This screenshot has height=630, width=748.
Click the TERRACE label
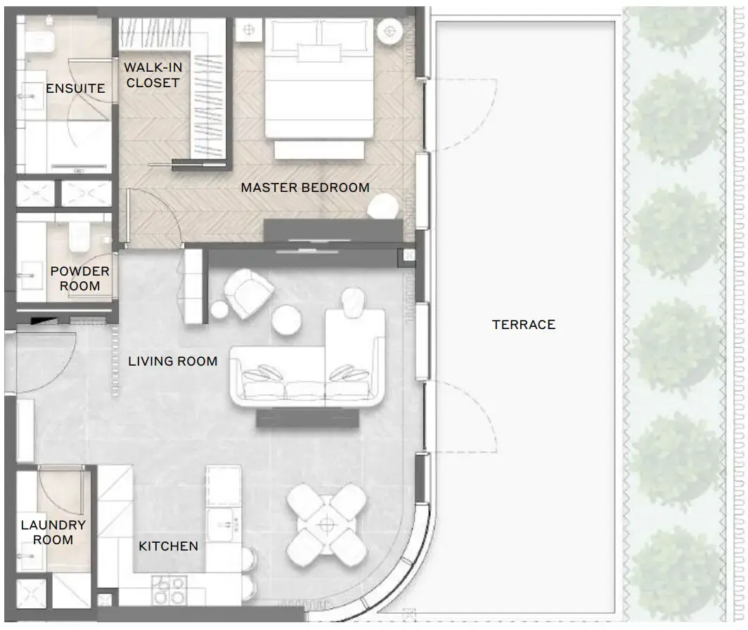pyautogui.click(x=523, y=325)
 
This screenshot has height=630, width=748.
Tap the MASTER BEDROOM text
pyautogui.click(x=305, y=188)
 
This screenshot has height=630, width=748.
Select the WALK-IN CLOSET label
pyautogui.click(x=153, y=75)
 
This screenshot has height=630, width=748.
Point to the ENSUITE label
pyautogui.click(x=75, y=89)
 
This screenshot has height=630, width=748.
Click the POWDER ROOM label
pyautogui.click(x=79, y=278)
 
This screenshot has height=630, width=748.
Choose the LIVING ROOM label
pyautogui.click(x=173, y=361)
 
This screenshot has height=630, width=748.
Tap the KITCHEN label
pyautogui.click(x=169, y=546)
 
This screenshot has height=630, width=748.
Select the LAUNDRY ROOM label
pyautogui.click(x=53, y=532)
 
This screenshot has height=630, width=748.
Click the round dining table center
pyautogui.click(x=327, y=525)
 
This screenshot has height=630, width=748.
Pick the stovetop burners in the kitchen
pyautogui.click(x=169, y=590)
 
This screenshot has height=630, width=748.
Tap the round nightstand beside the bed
pyautogui.click(x=389, y=32)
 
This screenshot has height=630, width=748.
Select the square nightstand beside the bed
pyautogui.click(x=249, y=30)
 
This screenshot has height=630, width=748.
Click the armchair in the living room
pyautogui.click(x=249, y=292)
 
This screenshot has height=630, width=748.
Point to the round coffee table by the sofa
pyautogui.click(x=286, y=320)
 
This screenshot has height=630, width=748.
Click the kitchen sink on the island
pyautogui.click(x=224, y=524)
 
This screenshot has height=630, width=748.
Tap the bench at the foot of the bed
pyautogui.click(x=319, y=149)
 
